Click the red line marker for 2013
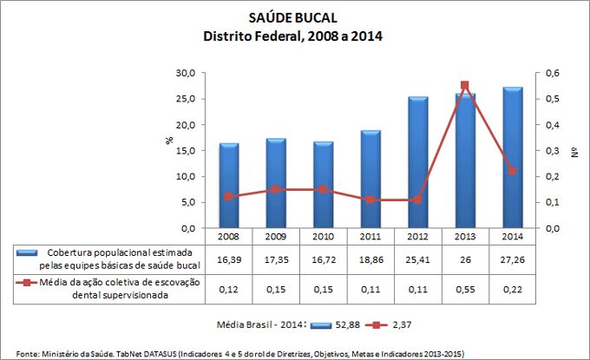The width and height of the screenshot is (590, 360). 464,86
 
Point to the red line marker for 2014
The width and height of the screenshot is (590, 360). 512,171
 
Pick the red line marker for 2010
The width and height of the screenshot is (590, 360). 323,189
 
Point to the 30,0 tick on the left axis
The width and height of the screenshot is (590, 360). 184,73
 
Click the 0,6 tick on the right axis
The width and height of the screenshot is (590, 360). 553,73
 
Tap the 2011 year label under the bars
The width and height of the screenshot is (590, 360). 370,235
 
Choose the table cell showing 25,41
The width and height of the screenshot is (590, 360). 417,259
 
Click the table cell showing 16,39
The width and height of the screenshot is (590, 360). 228,259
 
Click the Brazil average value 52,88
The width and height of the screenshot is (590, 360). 350,324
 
